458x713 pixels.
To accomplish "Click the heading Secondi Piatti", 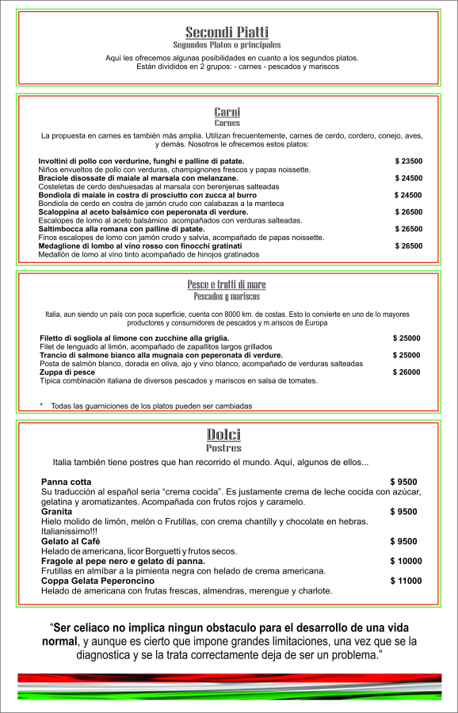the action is tap(227, 32).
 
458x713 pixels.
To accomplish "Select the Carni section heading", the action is tap(227, 112).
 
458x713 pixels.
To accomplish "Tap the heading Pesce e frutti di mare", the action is tap(227, 285).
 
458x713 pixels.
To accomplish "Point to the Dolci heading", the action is tap(223, 434).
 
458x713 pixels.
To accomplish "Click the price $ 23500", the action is tap(409, 161).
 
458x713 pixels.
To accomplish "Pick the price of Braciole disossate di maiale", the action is tap(409, 178).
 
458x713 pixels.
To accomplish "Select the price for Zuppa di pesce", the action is tap(406, 372).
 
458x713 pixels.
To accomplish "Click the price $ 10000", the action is tap(406, 561).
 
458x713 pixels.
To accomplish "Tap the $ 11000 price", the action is tap(406, 581).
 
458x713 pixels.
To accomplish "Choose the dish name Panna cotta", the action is tap(67, 482).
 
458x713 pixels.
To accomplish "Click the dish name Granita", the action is tap(57, 512).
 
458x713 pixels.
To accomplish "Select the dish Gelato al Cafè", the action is tap(71, 541).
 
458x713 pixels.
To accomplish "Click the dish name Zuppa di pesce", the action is tap(68, 372).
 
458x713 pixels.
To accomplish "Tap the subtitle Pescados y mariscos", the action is tap(227, 297).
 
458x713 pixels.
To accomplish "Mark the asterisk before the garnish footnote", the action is tap(41, 406).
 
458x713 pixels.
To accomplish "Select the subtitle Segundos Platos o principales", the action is tap(227, 45).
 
